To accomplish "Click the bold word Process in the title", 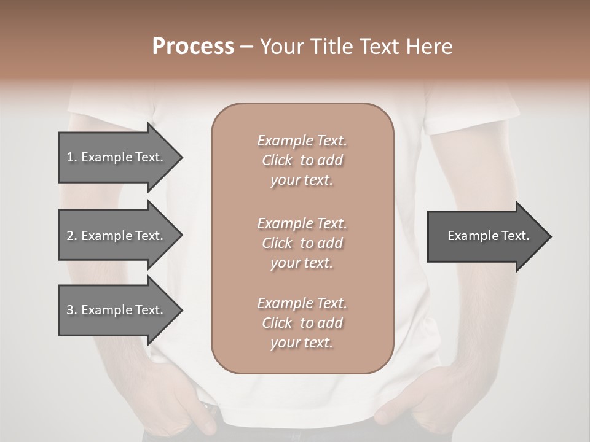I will click(193, 46).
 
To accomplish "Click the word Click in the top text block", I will click(277, 160).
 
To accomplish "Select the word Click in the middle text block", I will click(277, 243).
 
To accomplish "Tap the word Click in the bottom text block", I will click(277, 323).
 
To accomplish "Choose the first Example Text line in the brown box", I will click(302, 141).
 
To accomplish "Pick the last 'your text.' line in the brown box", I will click(302, 343).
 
